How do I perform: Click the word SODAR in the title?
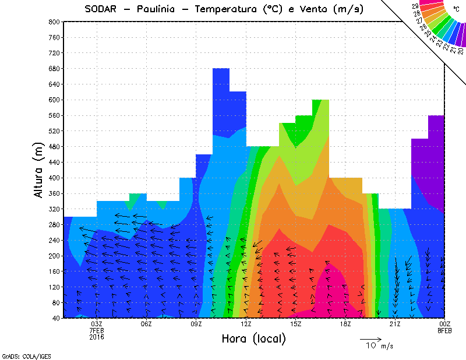(104, 9)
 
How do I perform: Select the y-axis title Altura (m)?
(39, 170)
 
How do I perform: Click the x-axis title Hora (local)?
(253, 338)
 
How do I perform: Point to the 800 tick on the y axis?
(54, 22)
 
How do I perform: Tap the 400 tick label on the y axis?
(54, 178)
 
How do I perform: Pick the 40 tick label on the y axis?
(56, 318)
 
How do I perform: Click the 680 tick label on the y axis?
(54, 68)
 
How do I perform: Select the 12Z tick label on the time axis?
(246, 324)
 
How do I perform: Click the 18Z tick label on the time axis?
(345, 324)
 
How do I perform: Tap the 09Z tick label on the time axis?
(196, 324)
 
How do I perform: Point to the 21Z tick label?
(395, 324)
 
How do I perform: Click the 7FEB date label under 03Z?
(97, 330)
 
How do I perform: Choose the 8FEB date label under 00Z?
(444, 330)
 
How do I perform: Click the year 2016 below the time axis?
(97, 337)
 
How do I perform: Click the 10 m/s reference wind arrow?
(370, 338)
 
